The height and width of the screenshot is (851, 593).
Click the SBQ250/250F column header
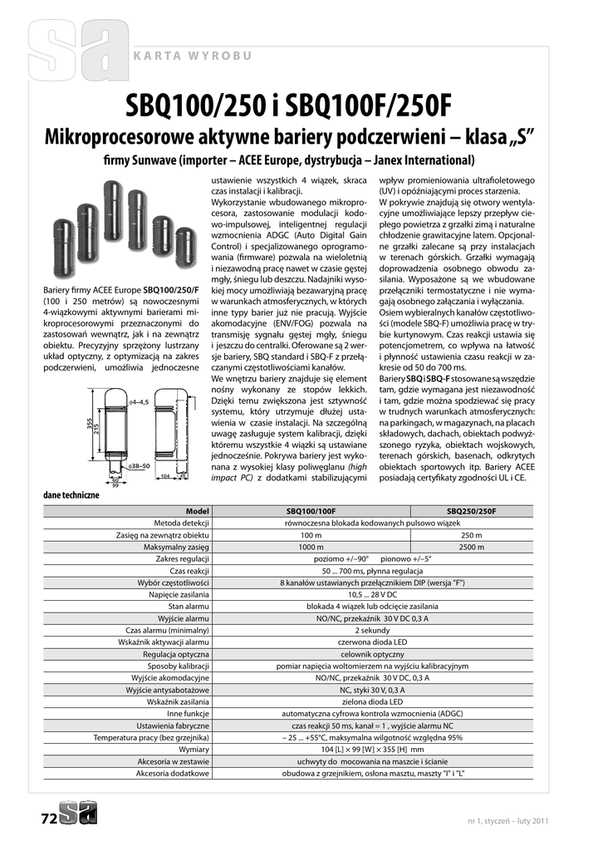471,511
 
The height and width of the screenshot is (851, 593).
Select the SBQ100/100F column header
311,511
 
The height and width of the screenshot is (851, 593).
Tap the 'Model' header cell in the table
197,511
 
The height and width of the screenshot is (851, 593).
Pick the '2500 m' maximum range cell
471,547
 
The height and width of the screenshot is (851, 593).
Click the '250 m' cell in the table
471,535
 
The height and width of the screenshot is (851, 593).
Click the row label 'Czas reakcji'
189,571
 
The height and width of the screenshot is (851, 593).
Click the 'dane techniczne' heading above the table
71,495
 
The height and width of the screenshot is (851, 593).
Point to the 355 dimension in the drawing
88,423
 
